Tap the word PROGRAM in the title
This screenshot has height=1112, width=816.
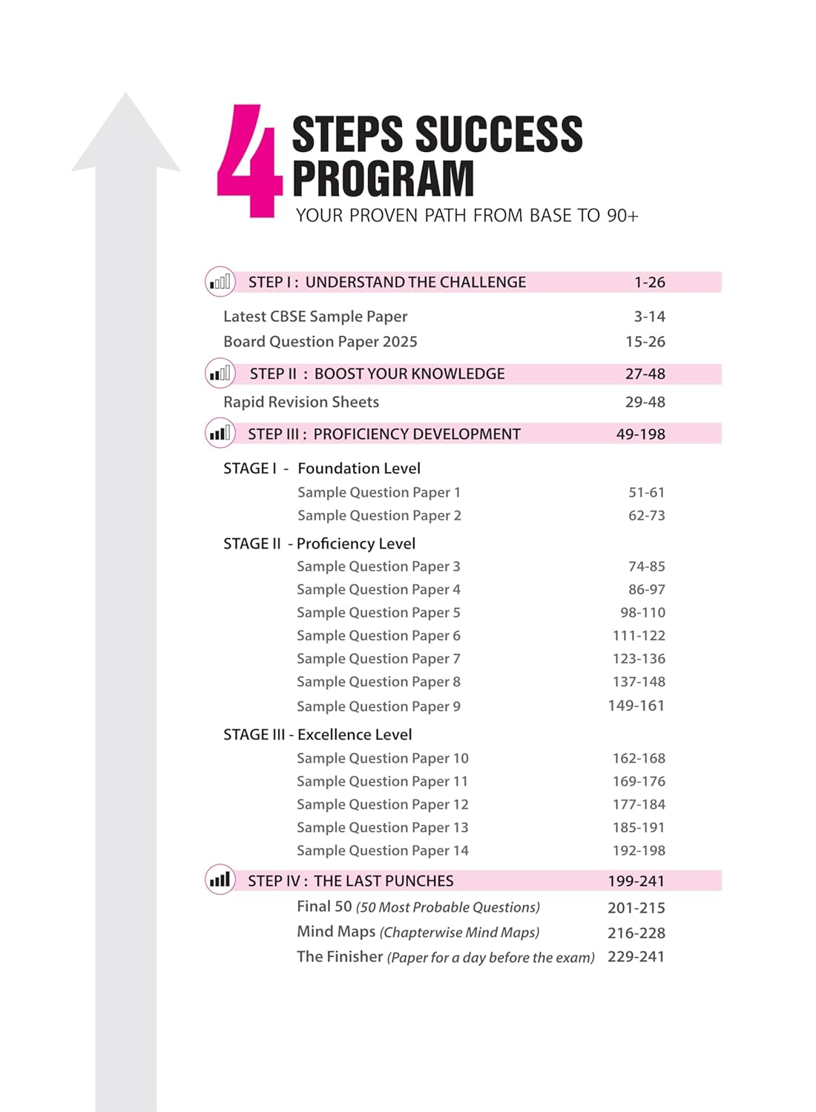383,179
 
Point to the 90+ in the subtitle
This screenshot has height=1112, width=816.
622,216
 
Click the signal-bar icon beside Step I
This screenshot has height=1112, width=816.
220,282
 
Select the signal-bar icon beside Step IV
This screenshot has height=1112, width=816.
220,880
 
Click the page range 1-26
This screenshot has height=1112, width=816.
649,282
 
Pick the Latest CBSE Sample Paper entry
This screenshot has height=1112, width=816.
315,317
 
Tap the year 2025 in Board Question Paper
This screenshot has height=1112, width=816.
400,342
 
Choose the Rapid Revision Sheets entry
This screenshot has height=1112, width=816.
301,402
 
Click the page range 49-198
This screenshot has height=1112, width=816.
640,434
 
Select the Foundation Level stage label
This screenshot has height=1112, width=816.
359,469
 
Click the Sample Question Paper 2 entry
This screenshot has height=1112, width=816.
379,515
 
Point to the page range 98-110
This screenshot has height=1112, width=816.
642,612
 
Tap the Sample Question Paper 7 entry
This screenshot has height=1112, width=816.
378,658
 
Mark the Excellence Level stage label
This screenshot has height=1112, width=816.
355,735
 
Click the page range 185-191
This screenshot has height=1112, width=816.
639,827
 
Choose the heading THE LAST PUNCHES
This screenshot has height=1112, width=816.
384,881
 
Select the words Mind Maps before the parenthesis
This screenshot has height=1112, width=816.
336,932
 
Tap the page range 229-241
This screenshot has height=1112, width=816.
636,957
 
